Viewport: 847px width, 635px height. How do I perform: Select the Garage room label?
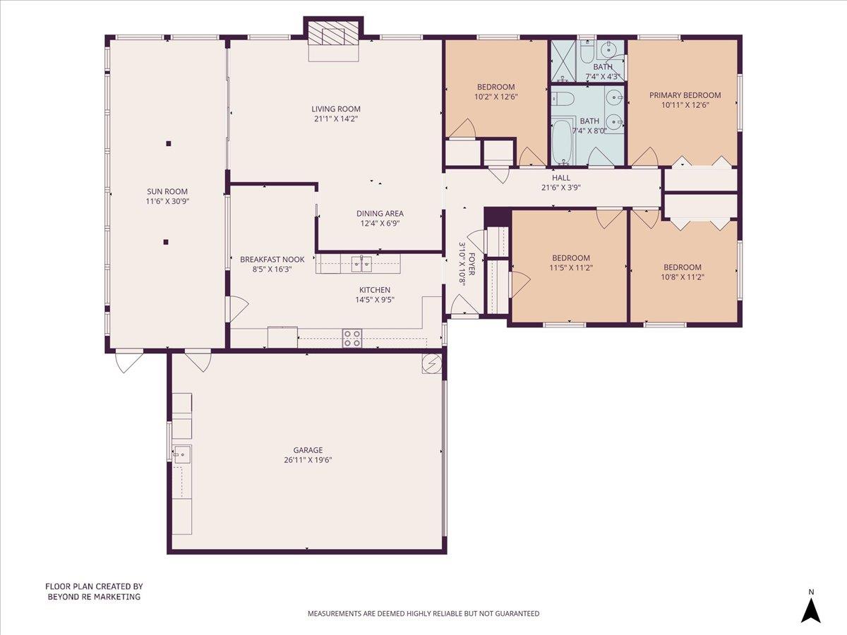[308, 450]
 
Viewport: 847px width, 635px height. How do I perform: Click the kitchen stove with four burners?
[352, 339]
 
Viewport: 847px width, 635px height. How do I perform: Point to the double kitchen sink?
[361, 265]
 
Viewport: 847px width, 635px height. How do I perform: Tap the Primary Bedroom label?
[685, 95]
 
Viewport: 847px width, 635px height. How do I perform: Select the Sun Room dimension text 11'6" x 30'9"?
[167, 201]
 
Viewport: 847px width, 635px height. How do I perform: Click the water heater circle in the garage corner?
[430, 363]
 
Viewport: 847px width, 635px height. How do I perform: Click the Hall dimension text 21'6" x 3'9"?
[560, 188]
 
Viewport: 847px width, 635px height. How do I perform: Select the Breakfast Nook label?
[272, 259]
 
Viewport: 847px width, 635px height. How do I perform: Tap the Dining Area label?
[380, 214]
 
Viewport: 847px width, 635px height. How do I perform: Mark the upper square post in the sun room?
[168, 144]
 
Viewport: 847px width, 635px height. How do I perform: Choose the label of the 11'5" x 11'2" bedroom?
[571, 258]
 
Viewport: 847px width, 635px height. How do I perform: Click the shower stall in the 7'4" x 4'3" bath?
[563, 61]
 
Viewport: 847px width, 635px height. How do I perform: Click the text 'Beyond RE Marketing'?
[94, 596]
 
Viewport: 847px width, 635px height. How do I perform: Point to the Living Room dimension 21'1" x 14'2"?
[336, 119]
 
